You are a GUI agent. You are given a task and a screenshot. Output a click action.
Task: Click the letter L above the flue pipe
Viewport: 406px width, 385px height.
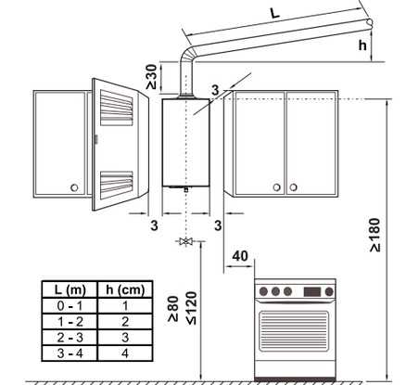(x=274, y=13)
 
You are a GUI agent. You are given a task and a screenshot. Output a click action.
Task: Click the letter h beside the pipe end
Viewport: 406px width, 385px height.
(x=362, y=45)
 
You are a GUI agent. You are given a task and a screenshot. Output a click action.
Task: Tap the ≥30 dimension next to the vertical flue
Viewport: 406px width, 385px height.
(x=152, y=77)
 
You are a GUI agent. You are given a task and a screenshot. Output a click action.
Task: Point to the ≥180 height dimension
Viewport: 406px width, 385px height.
(x=375, y=235)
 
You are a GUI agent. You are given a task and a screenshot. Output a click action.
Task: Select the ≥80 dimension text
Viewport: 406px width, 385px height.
(x=173, y=309)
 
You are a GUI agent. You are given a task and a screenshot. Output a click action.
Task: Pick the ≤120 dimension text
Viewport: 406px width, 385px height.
(x=192, y=308)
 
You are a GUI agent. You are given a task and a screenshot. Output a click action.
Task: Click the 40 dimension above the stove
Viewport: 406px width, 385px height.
(x=240, y=256)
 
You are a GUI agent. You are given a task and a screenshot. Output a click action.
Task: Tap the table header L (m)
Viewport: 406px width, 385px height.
(x=70, y=289)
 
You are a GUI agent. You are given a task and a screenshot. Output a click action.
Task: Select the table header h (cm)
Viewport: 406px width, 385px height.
(x=125, y=289)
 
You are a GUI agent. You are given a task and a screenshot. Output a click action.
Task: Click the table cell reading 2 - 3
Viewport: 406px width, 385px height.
(x=70, y=338)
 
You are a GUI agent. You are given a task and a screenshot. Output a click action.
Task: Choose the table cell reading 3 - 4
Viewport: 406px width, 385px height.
(x=70, y=353)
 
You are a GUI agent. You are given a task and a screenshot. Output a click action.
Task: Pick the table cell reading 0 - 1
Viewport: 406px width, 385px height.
(x=70, y=306)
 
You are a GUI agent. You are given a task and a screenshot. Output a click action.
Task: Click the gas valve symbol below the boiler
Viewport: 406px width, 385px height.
(x=186, y=241)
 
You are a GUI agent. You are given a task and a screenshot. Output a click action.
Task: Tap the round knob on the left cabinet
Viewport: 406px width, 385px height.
(x=74, y=187)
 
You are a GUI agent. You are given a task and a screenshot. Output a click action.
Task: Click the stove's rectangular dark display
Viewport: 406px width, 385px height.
(x=312, y=291)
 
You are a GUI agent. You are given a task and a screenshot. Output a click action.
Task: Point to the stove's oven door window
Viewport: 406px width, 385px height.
(x=294, y=331)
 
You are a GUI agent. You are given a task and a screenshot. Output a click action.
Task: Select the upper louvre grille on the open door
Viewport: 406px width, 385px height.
(x=117, y=108)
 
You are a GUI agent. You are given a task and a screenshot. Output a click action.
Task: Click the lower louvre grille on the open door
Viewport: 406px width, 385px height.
(x=117, y=182)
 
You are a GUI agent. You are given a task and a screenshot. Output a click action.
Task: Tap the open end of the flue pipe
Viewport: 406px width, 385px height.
(x=369, y=22)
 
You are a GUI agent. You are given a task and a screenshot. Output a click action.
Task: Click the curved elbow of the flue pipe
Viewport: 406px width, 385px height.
(x=188, y=55)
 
